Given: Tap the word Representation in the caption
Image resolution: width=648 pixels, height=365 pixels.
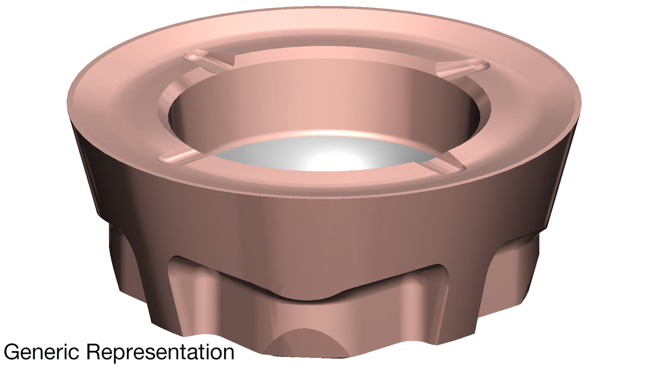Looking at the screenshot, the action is [x=160, y=352].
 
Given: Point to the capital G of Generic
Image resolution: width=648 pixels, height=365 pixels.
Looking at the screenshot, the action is [x=10, y=351].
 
